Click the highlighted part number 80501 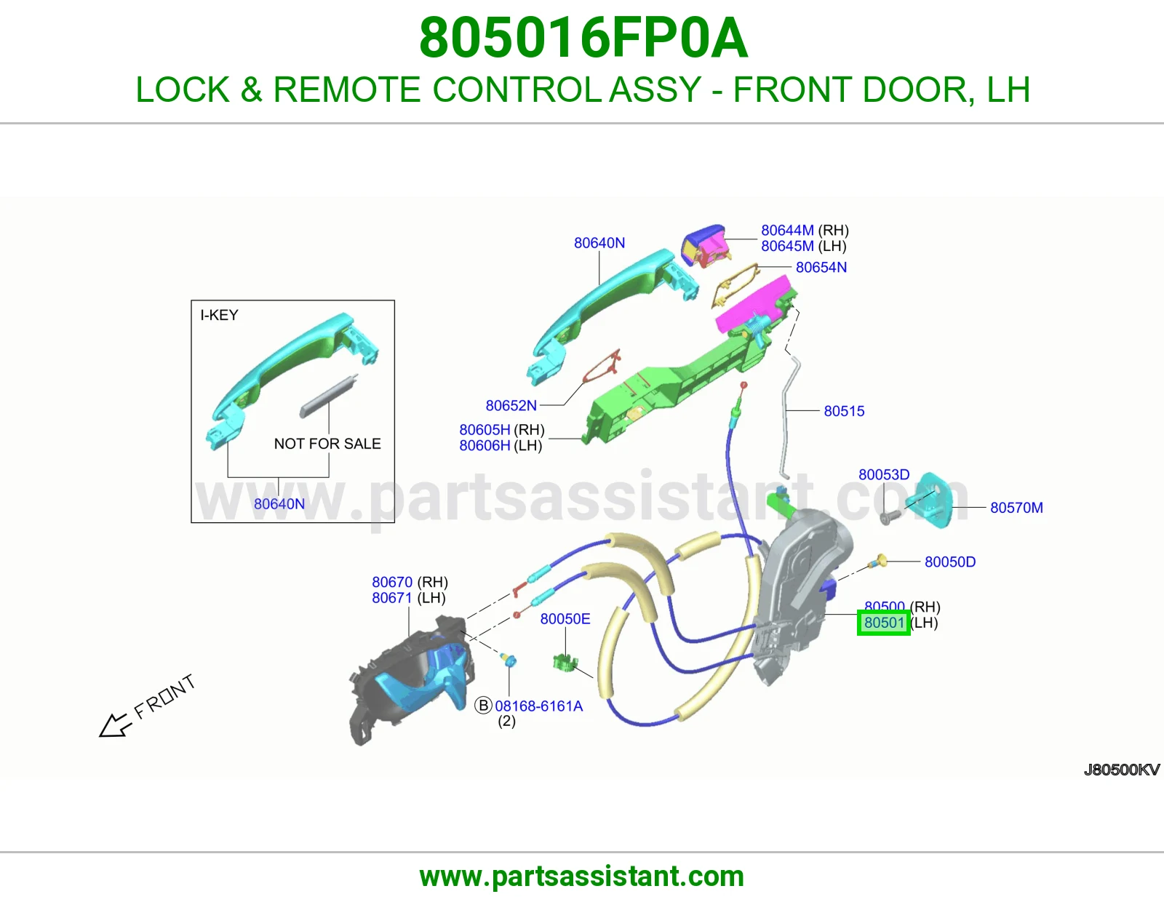pyautogui.click(x=884, y=623)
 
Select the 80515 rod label pyautogui.click(x=844, y=411)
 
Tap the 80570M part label pyautogui.click(x=1016, y=507)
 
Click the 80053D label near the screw pyautogui.click(x=884, y=474)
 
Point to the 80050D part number pyautogui.click(x=949, y=562)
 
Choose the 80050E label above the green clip pyautogui.click(x=565, y=618)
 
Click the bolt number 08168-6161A pyautogui.click(x=538, y=706)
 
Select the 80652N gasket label pyautogui.click(x=511, y=405)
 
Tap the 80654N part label pyautogui.click(x=821, y=267)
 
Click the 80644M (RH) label pyautogui.click(x=805, y=230)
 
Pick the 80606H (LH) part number pyautogui.click(x=501, y=445)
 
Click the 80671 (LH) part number pyautogui.click(x=409, y=598)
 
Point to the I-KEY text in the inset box pyautogui.click(x=219, y=315)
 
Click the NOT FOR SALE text pyautogui.click(x=327, y=444)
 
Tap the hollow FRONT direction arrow pyautogui.click(x=115, y=726)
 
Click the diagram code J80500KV pyautogui.click(x=1122, y=770)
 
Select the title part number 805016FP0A pyautogui.click(x=583, y=38)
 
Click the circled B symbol pyautogui.click(x=483, y=706)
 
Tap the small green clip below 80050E pyautogui.click(x=565, y=663)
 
